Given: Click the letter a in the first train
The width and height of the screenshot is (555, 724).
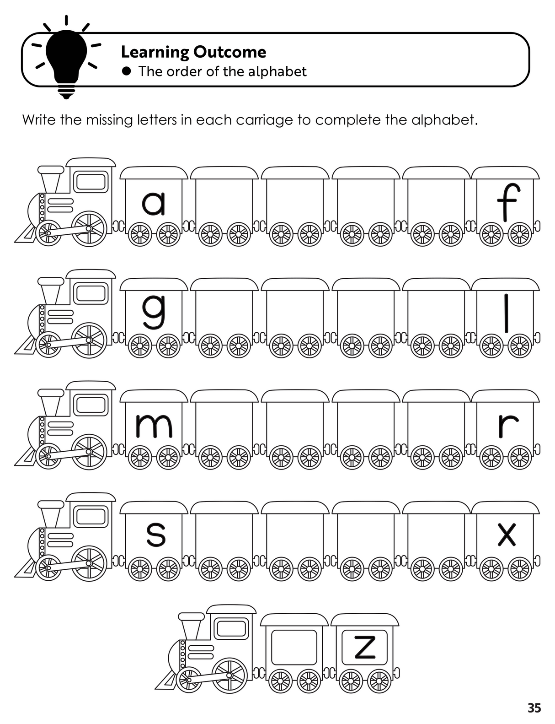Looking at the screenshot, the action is click(154, 204).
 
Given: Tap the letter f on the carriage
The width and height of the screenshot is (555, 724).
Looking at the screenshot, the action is click(507, 202).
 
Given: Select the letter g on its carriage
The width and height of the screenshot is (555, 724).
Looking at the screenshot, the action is click(154, 311).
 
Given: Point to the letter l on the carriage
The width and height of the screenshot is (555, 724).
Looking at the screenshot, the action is click(507, 313).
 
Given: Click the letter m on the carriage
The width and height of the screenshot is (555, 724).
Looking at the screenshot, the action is click(154, 426).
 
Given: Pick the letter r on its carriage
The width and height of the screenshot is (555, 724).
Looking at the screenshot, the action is click(508, 426).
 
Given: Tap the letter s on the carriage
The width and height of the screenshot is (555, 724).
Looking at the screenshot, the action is click(156, 535).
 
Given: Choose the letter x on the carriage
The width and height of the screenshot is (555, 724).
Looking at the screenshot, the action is click(507, 535).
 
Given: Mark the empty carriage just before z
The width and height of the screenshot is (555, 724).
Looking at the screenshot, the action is click(294, 648).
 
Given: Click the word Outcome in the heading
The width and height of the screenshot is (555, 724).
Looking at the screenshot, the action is click(229, 52).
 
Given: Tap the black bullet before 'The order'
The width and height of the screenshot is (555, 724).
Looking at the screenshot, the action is click(127, 71).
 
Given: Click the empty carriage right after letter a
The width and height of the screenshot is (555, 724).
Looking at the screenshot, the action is click(224, 206).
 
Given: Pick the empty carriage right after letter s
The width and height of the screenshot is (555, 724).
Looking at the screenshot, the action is click(224, 541).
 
